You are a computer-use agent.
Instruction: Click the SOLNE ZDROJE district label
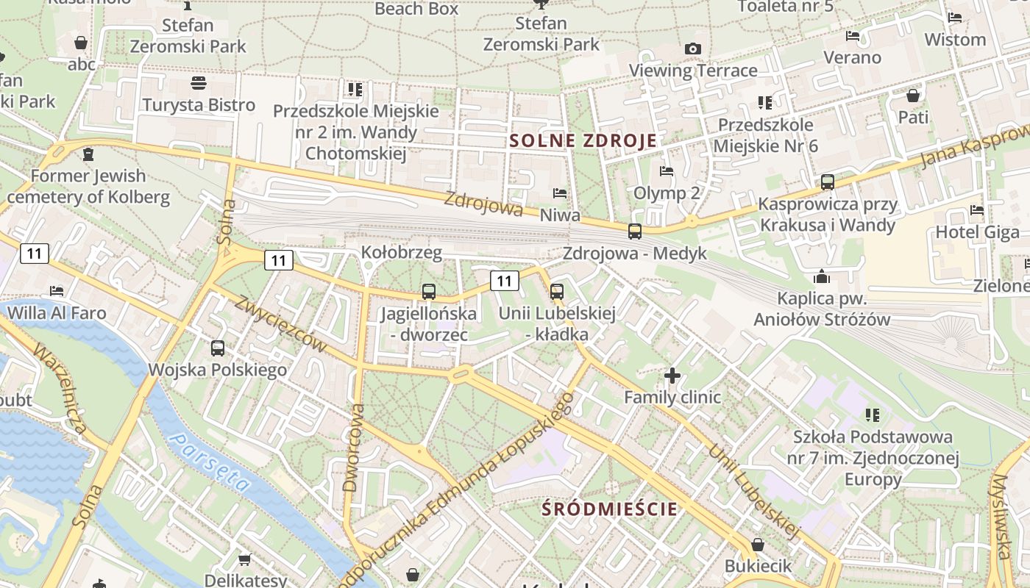tap(583, 141)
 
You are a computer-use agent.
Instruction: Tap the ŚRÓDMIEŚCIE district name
tap(609, 508)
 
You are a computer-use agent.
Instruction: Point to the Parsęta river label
tap(210, 462)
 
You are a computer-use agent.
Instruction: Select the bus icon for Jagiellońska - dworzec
tap(429, 292)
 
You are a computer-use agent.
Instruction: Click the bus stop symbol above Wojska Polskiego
tap(218, 348)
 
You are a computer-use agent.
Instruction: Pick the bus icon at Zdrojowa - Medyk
tap(635, 232)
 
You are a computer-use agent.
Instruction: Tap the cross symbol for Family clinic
tap(672, 376)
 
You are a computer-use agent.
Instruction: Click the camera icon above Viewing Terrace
tap(692, 49)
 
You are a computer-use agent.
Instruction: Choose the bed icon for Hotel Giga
tap(977, 210)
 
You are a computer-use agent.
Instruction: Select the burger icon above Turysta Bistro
tap(199, 82)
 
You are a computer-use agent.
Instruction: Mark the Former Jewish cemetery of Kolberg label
tap(88, 187)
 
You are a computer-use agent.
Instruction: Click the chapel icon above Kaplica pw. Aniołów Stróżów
tap(822, 277)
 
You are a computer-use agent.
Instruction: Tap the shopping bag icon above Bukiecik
tap(758, 545)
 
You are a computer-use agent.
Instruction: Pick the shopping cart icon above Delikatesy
tap(245, 559)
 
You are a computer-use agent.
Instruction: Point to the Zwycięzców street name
tap(280, 323)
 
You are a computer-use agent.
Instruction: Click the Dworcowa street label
tap(354, 447)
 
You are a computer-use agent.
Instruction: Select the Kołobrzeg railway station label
tap(401, 253)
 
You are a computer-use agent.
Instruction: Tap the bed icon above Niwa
tap(560, 194)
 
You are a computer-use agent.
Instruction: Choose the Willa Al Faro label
tap(57, 313)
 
